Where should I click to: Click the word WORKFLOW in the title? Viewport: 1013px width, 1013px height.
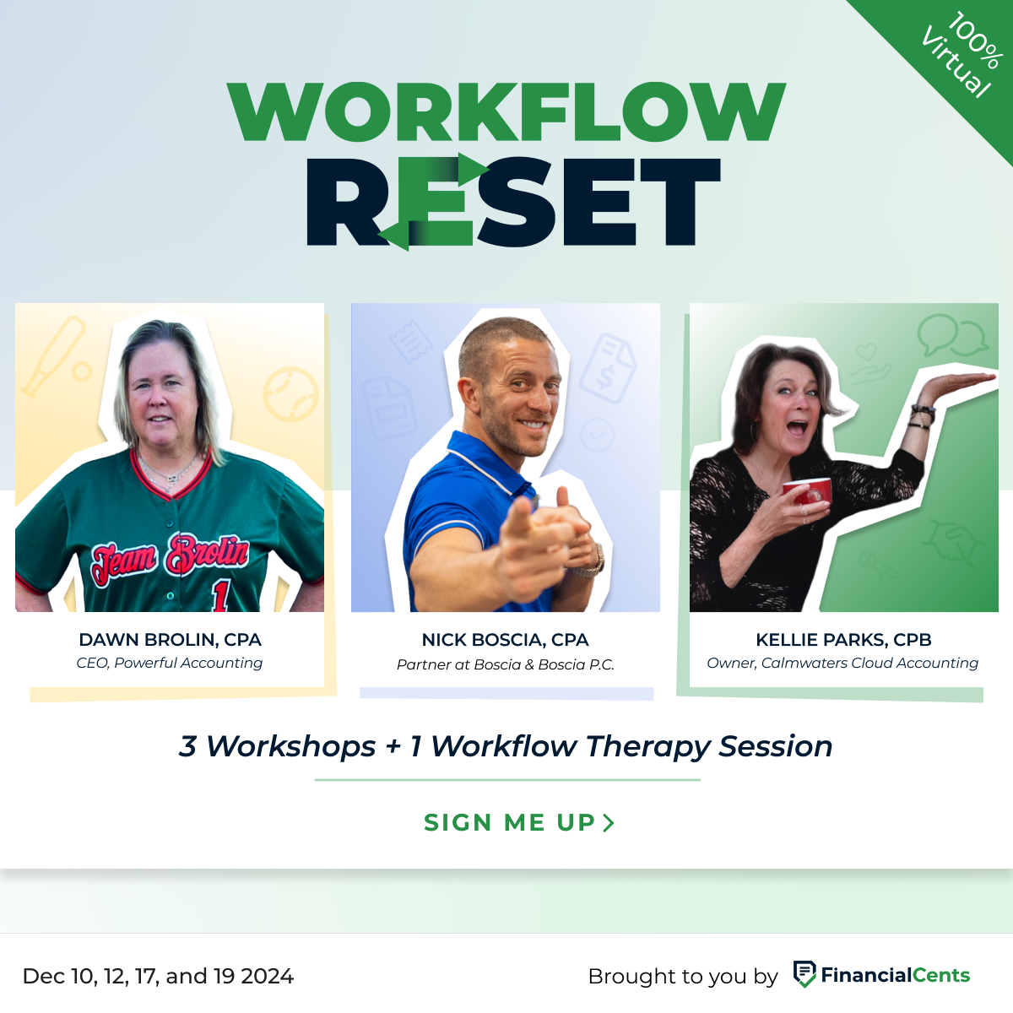[x=506, y=111]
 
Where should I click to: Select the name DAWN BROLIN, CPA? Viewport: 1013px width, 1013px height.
[x=170, y=640]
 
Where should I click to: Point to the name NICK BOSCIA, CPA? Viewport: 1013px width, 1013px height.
[x=505, y=640]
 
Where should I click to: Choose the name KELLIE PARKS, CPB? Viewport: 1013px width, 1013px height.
[x=843, y=640]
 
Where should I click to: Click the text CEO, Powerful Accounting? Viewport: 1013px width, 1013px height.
[x=170, y=664]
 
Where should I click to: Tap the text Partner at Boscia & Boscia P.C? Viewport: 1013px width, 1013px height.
[x=505, y=665]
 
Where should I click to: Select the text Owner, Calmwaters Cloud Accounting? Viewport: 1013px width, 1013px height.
[x=842, y=664]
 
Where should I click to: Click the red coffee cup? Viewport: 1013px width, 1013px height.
[x=809, y=491]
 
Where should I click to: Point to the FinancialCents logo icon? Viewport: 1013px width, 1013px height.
[x=804, y=974]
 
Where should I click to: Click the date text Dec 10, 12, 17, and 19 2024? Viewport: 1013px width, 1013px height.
[x=159, y=977]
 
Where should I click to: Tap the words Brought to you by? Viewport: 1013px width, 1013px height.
[x=682, y=977]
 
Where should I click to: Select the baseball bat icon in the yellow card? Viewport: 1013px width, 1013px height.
[x=52, y=355]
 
